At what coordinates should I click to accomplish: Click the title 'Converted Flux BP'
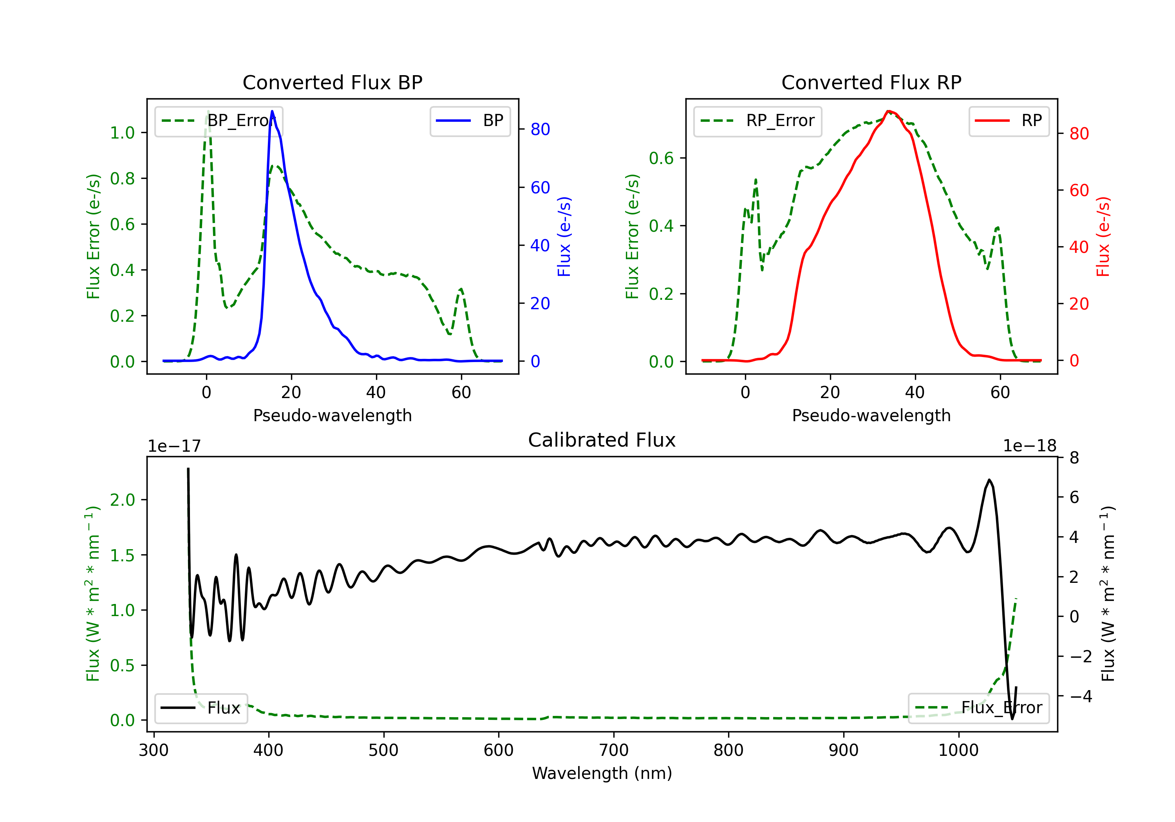pyautogui.click(x=332, y=82)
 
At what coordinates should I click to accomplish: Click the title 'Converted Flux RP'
pyautogui.click(x=871, y=82)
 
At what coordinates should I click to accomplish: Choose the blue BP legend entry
pyautogui.click(x=470, y=121)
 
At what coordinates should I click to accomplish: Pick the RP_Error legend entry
pyautogui.click(x=757, y=121)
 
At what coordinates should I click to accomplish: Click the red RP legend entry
pyautogui.click(x=1008, y=121)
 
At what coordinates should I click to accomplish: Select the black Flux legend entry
pyautogui.click(x=201, y=708)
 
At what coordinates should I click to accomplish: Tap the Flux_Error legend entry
pyautogui.click(x=978, y=708)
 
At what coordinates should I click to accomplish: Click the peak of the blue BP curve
pyautogui.click(x=272, y=111)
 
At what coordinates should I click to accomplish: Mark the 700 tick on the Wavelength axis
pyautogui.click(x=614, y=750)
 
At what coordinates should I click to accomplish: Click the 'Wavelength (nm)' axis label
pyautogui.click(x=602, y=773)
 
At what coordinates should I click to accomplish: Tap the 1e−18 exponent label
pyautogui.click(x=1029, y=446)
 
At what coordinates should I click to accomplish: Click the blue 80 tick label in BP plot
pyautogui.click(x=540, y=130)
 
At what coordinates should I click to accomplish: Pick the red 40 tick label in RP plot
pyautogui.click(x=1079, y=247)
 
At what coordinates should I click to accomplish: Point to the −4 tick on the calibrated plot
pyautogui.click(x=1080, y=696)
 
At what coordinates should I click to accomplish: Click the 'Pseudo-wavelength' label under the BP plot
pyautogui.click(x=332, y=415)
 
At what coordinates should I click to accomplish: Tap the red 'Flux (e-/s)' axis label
pyautogui.click(x=1103, y=236)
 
